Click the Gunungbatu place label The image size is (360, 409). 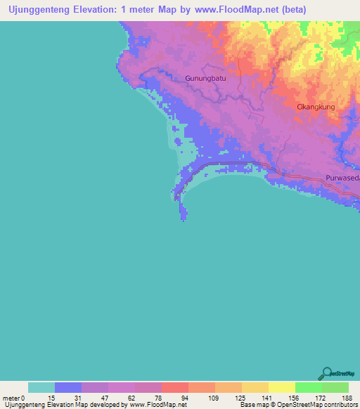tap(204, 78)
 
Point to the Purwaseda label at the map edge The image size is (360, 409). tap(342, 178)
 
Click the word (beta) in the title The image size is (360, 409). tap(290, 10)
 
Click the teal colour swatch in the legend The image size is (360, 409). tap(41, 387)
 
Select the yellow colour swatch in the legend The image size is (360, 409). tap(281, 387)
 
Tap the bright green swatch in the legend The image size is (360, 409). tap(308, 387)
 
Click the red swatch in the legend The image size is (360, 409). tap(174, 387)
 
